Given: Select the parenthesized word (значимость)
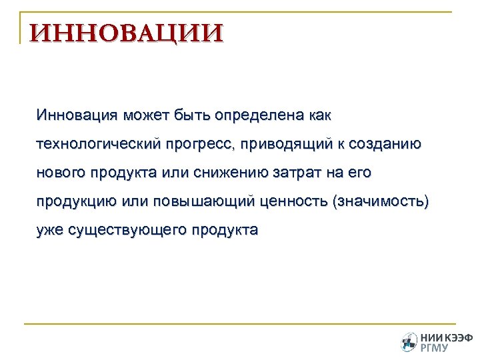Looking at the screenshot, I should pos(380,201).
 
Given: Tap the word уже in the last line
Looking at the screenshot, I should pos(51,231).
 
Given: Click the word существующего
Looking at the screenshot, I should pos(129,231).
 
